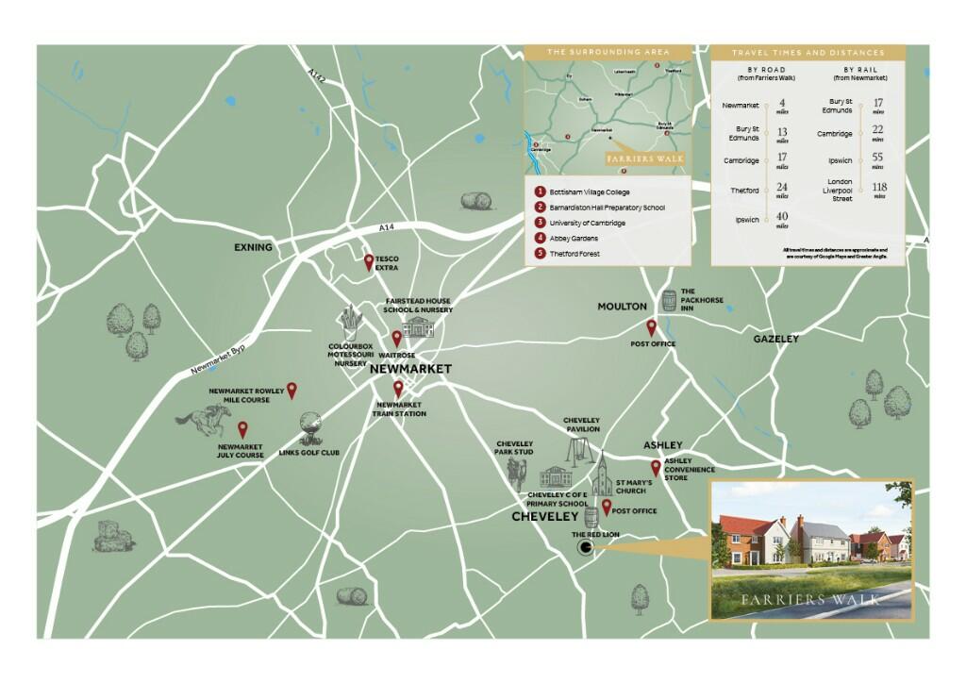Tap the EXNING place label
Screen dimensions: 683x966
point(254,248)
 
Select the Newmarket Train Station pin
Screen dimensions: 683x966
point(398,389)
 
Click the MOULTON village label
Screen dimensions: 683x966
point(622,307)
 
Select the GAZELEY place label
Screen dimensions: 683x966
point(775,339)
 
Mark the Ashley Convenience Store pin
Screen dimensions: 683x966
point(656,468)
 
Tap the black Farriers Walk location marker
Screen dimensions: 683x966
point(586,545)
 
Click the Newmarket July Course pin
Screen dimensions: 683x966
point(242,429)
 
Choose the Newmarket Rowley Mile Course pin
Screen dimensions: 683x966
point(291,389)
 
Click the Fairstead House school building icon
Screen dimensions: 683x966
point(417,326)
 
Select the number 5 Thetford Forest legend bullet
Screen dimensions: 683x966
point(540,254)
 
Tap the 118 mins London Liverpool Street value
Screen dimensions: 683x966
point(879,190)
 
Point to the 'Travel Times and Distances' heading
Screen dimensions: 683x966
point(808,53)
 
